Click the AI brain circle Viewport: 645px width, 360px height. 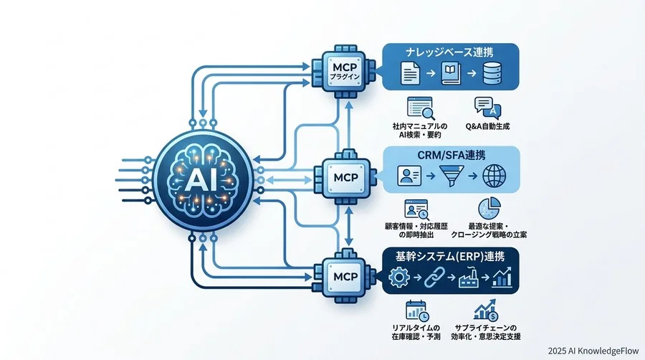pos(203,180)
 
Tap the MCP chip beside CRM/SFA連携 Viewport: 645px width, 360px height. pos(345,178)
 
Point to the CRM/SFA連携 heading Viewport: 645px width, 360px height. pos(451,155)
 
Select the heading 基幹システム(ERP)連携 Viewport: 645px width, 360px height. pos(450,256)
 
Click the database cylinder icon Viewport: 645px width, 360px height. pos(492,73)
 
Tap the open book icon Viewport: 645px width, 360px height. pos(451,73)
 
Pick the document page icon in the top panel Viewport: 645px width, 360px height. pos(410,73)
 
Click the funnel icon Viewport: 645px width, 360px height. pos(451,176)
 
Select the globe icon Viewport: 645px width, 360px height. pos(494,176)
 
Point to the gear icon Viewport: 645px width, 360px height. pos(399,277)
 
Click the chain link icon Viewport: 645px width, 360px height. pos(434,277)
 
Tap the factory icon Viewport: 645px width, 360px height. pos(469,277)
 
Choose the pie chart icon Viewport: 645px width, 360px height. pos(489,208)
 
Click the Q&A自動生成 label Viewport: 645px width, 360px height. pos(487,126)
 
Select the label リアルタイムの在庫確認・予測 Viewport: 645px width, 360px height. pos(416,332)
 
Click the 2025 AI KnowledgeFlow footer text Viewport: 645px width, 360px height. pos(593,351)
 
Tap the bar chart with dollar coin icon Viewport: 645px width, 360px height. pos(486,311)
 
